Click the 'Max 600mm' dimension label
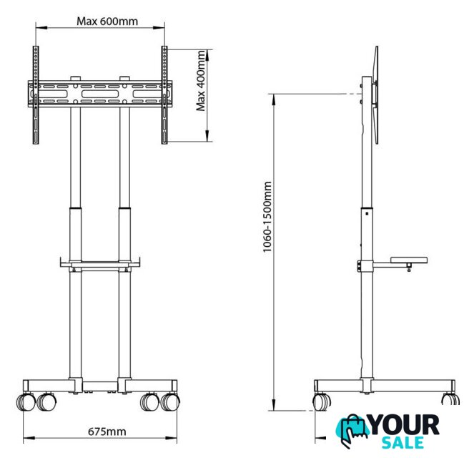tap(107, 21)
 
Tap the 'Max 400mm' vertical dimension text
tap(201, 81)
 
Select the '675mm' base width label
tap(107, 432)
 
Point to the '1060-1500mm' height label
tap(267, 217)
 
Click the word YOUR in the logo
tap(404, 425)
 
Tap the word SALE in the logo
tap(403, 443)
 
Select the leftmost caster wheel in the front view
tap(26, 401)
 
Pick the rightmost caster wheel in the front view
tap(170, 401)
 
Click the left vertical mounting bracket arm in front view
tap(36, 95)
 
